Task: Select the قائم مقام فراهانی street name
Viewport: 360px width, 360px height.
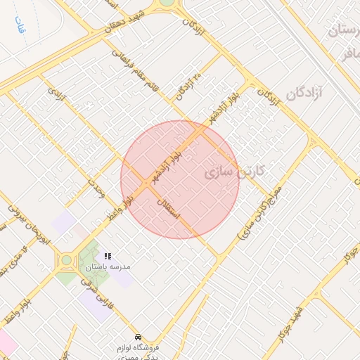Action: point(140,70)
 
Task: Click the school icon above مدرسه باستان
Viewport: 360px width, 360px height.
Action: point(108,257)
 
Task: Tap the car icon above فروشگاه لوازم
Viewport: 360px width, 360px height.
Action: point(138,337)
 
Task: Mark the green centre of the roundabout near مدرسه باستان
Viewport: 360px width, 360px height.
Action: point(66,260)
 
